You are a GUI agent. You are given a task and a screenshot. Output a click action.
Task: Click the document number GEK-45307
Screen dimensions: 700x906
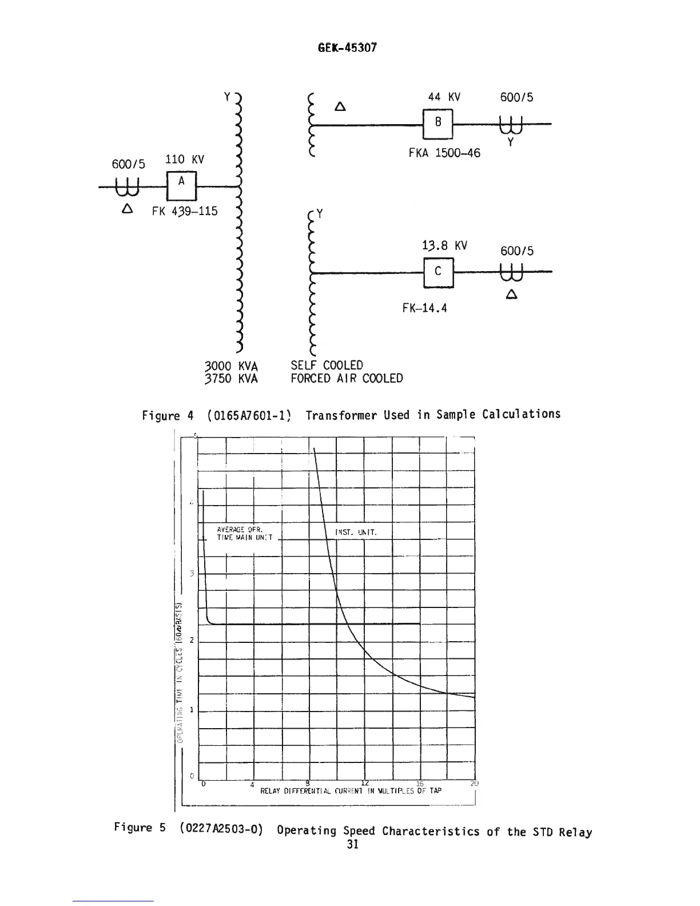(x=347, y=47)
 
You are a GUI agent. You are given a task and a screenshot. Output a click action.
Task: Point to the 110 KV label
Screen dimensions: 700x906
(x=185, y=160)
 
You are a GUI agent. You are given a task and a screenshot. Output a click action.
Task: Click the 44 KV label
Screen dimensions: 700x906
(x=444, y=97)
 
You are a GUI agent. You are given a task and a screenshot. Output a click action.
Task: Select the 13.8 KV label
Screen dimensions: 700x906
(x=444, y=246)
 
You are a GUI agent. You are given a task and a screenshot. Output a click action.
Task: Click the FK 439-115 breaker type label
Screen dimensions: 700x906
(x=185, y=212)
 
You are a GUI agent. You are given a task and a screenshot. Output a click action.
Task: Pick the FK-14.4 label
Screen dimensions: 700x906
(x=424, y=308)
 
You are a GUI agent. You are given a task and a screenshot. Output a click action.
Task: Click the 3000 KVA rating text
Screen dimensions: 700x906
(x=231, y=366)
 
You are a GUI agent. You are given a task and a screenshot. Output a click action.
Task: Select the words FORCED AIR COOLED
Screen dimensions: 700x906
(x=347, y=379)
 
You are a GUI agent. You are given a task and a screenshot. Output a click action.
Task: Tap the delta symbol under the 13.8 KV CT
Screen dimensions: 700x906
(x=511, y=295)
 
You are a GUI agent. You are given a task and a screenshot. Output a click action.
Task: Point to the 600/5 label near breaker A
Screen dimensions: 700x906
(x=129, y=164)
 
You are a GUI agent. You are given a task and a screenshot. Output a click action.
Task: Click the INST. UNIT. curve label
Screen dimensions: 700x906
(x=355, y=533)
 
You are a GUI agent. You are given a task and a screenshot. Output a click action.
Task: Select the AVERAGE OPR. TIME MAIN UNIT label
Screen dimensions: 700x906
(x=245, y=533)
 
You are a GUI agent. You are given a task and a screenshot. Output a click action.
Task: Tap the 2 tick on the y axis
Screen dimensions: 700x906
(x=191, y=640)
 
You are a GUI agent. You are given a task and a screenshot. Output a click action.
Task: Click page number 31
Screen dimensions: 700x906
(x=352, y=845)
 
